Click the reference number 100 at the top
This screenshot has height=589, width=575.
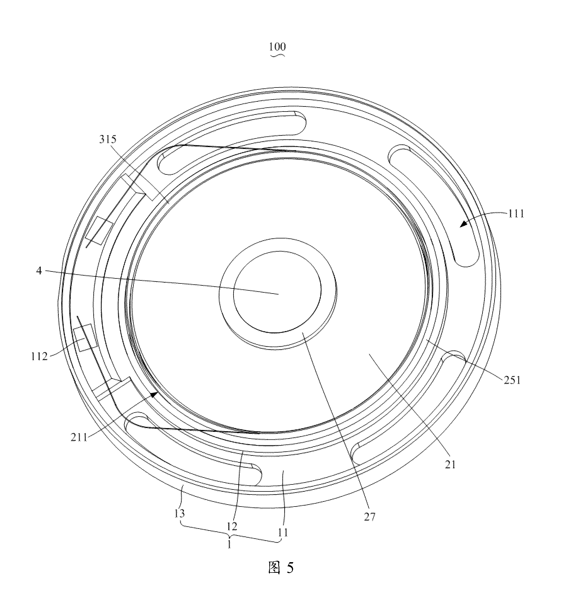point(277,46)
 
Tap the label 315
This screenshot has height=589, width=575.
point(108,139)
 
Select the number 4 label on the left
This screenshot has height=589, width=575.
point(39,270)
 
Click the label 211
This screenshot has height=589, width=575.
point(79,437)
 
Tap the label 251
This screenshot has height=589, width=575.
point(512,380)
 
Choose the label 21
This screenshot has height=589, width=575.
point(450,464)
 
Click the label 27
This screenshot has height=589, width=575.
point(370,517)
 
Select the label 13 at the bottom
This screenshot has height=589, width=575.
point(180,513)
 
